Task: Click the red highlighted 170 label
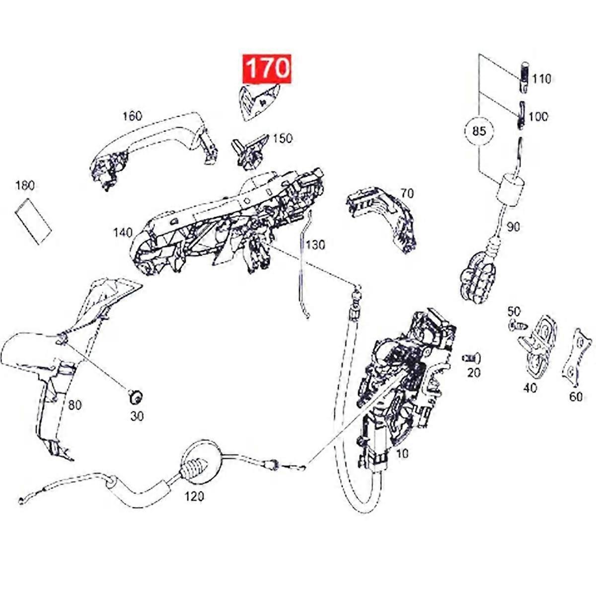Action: point(267,68)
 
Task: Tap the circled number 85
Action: point(478,131)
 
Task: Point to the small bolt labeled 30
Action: point(135,397)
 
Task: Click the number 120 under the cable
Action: point(194,496)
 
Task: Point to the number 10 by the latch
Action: point(402,453)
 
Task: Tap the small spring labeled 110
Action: point(523,78)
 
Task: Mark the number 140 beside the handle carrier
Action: point(123,232)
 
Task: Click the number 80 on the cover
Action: point(74,405)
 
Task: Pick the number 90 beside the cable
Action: point(513,227)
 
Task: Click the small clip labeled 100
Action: point(521,115)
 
